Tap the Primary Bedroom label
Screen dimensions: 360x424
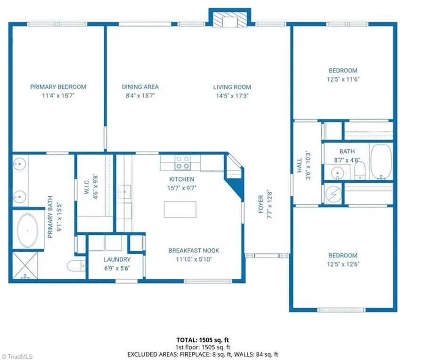click(x=58, y=87)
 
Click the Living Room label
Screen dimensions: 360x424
click(x=232, y=87)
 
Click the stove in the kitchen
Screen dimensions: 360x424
click(x=183, y=163)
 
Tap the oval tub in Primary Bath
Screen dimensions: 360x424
click(x=28, y=231)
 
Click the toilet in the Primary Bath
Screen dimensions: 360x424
click(x=74, y=266)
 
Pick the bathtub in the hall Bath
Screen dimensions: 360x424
click(x=381, y=163)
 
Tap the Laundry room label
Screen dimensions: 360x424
click(x=117, y=259)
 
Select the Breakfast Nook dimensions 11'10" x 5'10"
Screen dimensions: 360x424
click(x=194, y=259)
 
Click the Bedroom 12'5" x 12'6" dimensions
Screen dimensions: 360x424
click(x=342, y=264)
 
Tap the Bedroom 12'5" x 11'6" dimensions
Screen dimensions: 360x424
click(x=342, y=79)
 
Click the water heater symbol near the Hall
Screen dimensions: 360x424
click(x=334, y=193)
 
